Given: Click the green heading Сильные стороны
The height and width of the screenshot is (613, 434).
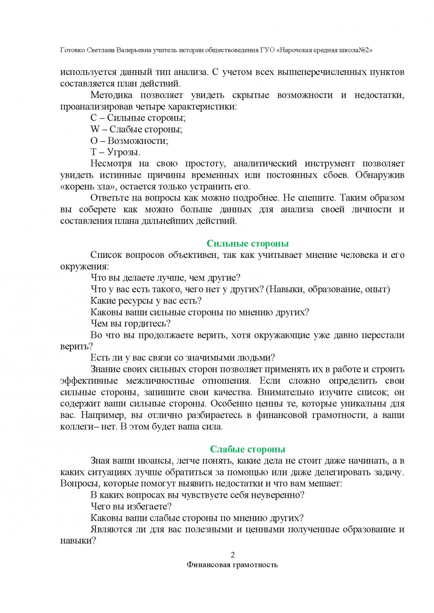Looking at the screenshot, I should tap(247, 244).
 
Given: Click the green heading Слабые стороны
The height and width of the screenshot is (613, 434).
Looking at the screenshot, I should tap(247, 450).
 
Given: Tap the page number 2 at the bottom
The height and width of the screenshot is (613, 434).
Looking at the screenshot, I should tap(233, 555).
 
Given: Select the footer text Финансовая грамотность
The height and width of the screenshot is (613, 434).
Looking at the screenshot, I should tap(232, 565).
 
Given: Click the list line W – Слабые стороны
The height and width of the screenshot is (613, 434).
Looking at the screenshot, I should tap(136, 130).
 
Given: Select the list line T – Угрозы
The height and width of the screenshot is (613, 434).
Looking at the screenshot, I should tap(115, 152).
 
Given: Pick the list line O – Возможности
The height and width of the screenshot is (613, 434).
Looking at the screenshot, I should tap(129, 141).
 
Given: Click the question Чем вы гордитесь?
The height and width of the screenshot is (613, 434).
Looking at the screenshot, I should tap(130, 324).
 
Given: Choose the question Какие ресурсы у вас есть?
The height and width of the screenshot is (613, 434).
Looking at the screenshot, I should tap(146, 301).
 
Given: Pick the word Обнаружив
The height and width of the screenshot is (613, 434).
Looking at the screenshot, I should tap(380, 175).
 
